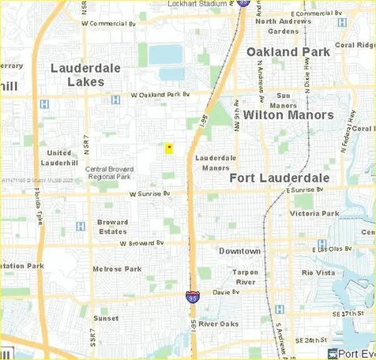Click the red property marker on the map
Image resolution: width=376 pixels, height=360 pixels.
[168, 148]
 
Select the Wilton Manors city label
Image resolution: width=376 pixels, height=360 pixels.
[288, 114]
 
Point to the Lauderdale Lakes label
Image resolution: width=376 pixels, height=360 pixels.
[85, 75]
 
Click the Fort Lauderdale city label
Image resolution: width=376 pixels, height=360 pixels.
[279, 178]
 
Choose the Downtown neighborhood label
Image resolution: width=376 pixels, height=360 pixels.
[239, 251]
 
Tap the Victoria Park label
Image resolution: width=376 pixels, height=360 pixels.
[314, 213]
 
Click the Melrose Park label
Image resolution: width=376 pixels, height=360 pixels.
[116, 269]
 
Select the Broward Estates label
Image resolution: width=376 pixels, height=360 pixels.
[112, 227]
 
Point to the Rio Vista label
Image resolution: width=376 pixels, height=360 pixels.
[318, 272]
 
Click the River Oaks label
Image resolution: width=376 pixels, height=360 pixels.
[219, 324]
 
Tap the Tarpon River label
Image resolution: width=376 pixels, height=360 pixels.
[245, 277]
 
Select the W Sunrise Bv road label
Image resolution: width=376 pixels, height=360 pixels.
[137, 193]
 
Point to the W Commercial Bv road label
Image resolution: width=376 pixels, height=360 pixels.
[116, 23]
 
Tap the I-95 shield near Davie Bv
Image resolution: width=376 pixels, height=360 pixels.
[193, 297]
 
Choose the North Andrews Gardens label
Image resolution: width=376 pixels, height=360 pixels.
[288, 26]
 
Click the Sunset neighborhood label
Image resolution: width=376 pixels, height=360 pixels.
[106, 318]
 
